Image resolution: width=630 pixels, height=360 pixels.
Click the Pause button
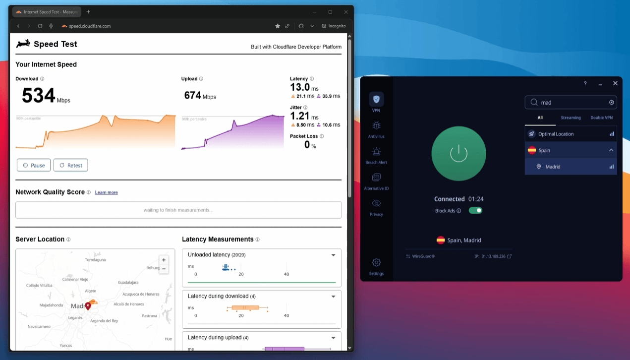click(x=34, y=165)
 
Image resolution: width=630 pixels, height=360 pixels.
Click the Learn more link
click(x=106, y=192)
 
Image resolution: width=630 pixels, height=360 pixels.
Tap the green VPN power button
click(x=458, y=153)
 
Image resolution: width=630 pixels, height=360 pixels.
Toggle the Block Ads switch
click(x=475, y=210)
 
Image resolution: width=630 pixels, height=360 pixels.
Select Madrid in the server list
click(x=553, y=167)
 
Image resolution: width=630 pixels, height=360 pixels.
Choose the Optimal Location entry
click(x=556, y=134)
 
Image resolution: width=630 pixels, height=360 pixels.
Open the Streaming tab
click(x=571, y=118)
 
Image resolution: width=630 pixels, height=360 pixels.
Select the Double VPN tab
click(x=601, y=118)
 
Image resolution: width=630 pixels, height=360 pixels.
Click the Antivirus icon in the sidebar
click(x=376, y=128)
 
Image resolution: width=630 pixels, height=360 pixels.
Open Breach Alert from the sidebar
click(x=376, y=154)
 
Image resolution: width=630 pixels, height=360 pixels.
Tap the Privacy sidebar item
click(x=376, y=206)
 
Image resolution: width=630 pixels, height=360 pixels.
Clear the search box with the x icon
click(x=612, y=103)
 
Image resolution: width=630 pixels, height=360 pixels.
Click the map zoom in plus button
click(x=164, y=260)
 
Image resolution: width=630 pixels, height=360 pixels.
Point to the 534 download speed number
click(x=38, y=95)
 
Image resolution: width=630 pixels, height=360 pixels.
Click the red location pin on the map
click(x=88, y=306)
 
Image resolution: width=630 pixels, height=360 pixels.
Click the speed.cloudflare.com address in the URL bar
click(x=90, y=26)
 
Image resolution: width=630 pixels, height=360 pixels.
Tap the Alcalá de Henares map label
click(x=129, y=304)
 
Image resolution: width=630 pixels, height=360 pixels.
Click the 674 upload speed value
click(x=192, y=95)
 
